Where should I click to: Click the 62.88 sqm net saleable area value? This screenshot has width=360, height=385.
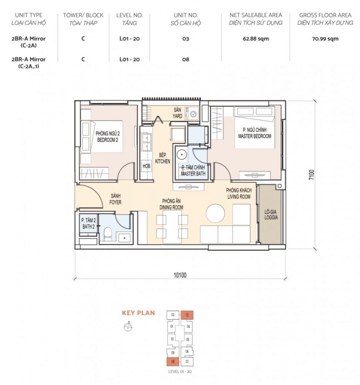tap(256, 39)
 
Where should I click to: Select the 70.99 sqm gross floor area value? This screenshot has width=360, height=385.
tap(325, 39)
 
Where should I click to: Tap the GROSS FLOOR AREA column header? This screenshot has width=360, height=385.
tap(325, 15)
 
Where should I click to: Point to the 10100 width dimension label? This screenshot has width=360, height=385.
tap(180, 275)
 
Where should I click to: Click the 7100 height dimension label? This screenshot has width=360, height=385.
tap(312, 175)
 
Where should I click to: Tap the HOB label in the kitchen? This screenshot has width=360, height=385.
tap(147, 166)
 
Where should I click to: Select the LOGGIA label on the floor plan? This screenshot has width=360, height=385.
tap(271, 218)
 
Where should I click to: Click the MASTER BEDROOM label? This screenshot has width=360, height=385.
tap(255, 136)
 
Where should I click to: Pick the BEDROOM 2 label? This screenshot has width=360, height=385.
tap(107, 140)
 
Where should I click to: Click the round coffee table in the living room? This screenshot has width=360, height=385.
tap(215, 213)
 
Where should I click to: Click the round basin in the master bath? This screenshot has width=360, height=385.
tap(182, 155)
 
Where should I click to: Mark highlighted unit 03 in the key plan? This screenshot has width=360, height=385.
tap(187, 315)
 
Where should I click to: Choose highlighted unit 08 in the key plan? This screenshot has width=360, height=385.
tap(173, 361)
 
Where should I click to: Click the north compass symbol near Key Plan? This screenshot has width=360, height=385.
tap(128, 327)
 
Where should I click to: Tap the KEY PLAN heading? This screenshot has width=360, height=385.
tap(138, 313)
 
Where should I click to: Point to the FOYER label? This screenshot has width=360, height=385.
tap(115, 202)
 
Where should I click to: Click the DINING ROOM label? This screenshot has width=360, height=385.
tap(171, 208)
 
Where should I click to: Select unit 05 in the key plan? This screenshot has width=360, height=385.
tap(188, 340)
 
